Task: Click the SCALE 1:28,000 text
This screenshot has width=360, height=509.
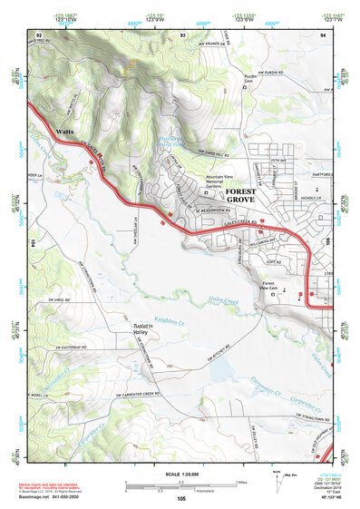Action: (x=180, y=474)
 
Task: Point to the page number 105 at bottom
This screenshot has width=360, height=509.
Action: (x=181, y=499)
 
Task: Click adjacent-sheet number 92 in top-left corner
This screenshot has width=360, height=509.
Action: (x=39, y=34)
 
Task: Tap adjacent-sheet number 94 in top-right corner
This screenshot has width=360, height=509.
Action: (x=323, y=34)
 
